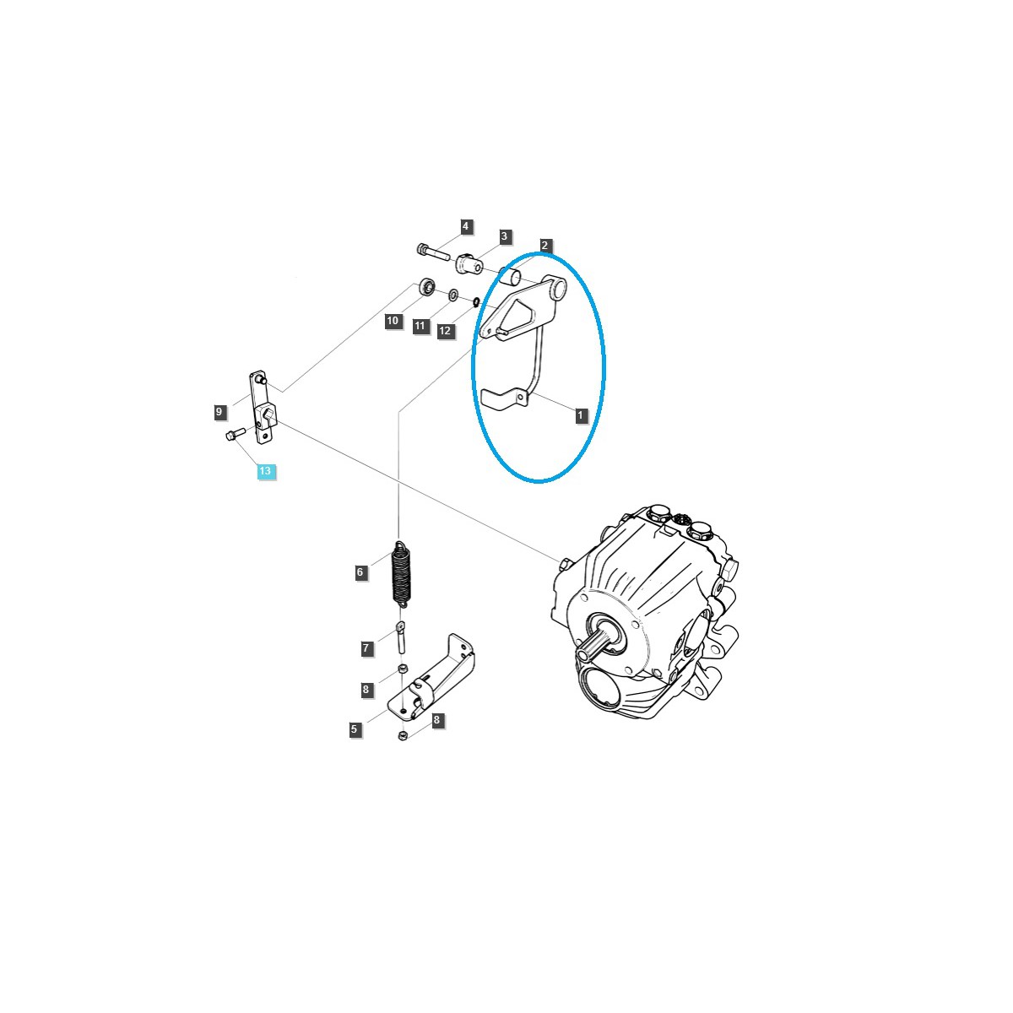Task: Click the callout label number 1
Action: (x=580, y=415)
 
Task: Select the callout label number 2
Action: (x=544, y=246)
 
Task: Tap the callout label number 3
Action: (x=504, y=236)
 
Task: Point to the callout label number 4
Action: (x=465, y=227)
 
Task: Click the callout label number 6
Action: (x=360, y=572)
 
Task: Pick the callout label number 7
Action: (x=366, y=648)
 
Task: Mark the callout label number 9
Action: (x=219, y=412)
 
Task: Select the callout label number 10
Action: (x=393, y=321)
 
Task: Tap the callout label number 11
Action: (x=420, y=327)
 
